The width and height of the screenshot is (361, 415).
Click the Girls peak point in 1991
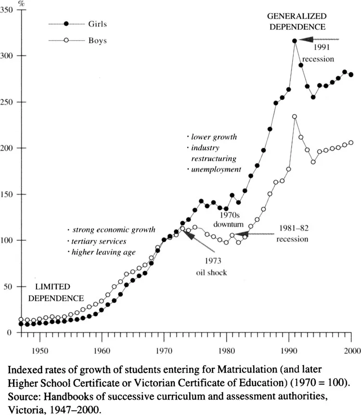click(x=295, y=41)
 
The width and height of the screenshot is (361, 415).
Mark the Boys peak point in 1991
click(x=295, y=117)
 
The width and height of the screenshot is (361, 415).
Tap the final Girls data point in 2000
click(x=351, y=75)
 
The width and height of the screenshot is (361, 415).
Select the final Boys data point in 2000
click(x=351, y=143)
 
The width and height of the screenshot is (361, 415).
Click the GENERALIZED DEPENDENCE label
click(x=297, y=22)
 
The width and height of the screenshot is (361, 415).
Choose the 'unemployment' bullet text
click(x=216, y=169)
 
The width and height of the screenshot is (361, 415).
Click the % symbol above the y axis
click(x=21, y=4)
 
